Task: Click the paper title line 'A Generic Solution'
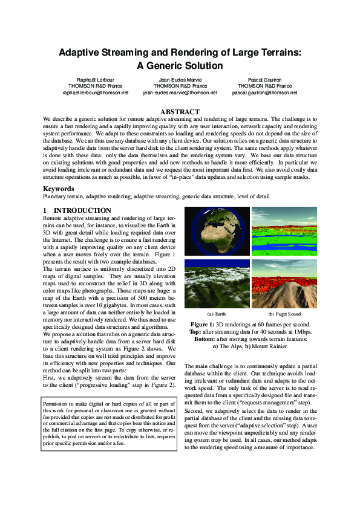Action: [180, 66]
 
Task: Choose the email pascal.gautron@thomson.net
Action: [264, 93]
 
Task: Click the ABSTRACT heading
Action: [179, 112]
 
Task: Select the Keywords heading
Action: [60, 189]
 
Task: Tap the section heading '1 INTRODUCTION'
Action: [77, 210]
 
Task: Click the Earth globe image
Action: [216, 232]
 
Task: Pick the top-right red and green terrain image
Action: [284, 232]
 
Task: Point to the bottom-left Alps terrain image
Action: [216, 284]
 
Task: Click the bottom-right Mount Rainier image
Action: [284, 284]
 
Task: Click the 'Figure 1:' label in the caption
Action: [203, 325]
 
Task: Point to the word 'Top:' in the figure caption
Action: [195, 332]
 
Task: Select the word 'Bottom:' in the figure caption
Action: [202, 339]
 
